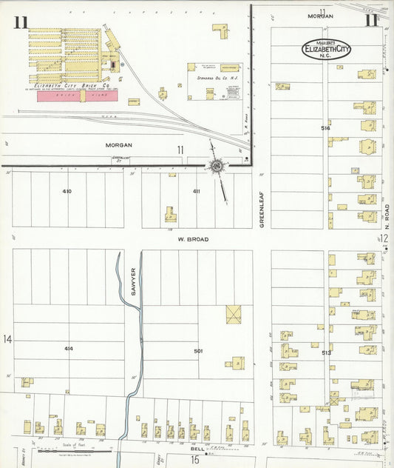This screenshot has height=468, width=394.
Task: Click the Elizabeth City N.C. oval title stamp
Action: [x=326, y=50]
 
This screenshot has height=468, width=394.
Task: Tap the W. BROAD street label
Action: [x=192, y=239]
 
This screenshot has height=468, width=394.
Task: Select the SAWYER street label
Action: [x=134, y=281]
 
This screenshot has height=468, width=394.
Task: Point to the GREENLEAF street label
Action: [x=262, y=211]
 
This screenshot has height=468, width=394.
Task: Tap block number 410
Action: [x=67, y=191]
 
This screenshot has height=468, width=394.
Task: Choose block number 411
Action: [x=197, y=191]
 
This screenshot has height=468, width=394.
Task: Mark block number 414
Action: [x=69, y=348]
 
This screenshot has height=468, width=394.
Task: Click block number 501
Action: [x=197, y=350]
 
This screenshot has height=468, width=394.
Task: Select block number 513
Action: [x=326, y=353]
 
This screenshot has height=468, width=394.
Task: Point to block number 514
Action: [x=325, y=128]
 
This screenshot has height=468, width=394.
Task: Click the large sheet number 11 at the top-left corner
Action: [x=20, y=22]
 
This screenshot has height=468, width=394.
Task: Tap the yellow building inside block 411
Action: [x=171, y=215]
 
